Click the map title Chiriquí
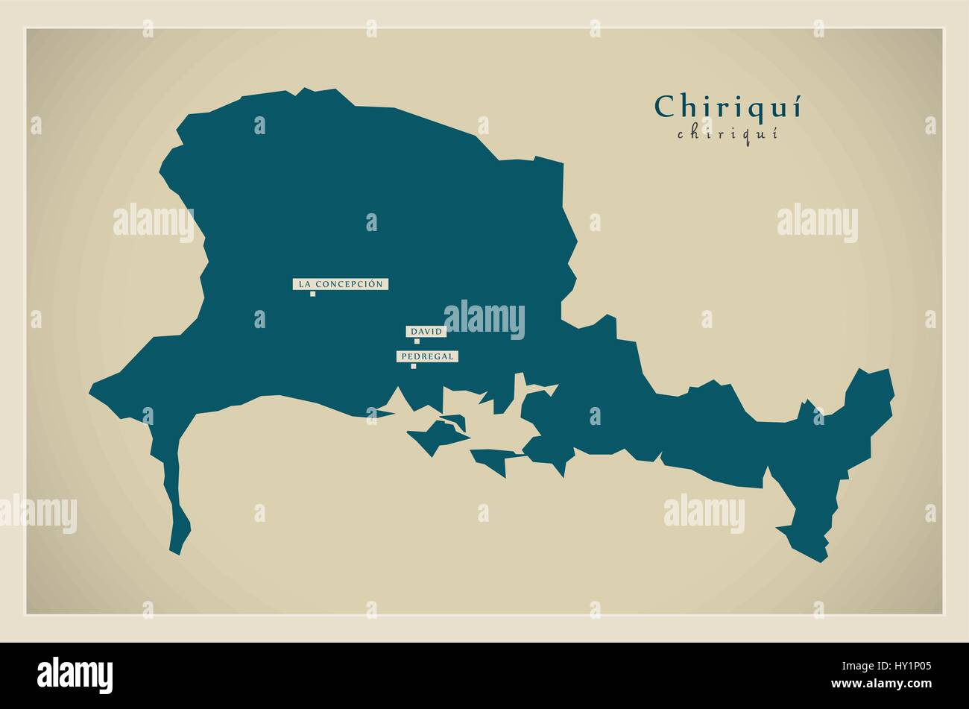(x=727, y=107)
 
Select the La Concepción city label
(x=341, y=284)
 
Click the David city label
(x=426, y=331)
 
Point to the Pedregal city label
(x=427, y=356)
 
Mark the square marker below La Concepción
(x=312, y=294)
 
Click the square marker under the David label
(x=417, y=341)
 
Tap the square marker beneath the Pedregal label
(x=413, y=366)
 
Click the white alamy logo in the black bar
(x=75, y=675)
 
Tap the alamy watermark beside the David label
(x=484, y=319)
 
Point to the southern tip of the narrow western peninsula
(x=176, y=550)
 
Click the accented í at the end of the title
(x=795, y=107)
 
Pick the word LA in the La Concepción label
(x=304, y=284)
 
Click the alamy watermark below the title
(x=817, y=222)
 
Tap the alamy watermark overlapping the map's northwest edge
(x=154, y=222)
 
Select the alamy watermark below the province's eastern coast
(x=704, y=513)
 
